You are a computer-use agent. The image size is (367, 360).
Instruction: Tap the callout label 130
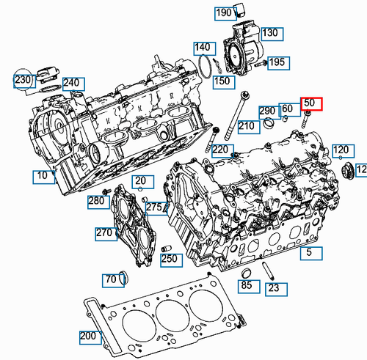(x=269, y=33)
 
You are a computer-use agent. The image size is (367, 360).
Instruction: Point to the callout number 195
(x=277, y=62)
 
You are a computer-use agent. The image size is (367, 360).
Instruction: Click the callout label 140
(x=203, y=48)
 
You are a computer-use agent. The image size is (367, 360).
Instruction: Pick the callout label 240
(x=71, y=84)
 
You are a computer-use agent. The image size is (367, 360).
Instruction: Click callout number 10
(x=43, y=176)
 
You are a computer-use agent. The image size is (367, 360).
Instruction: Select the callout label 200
(x=89, y=337)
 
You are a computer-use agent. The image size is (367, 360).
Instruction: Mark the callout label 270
(x=103, y=233)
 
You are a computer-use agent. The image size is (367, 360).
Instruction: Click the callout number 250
(x=170, y=259)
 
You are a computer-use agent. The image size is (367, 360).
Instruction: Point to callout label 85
(x=247, y=284)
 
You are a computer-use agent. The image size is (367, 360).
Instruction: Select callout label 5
(x=309, y=253)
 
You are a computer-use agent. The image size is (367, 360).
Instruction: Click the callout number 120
(x=341, y=151)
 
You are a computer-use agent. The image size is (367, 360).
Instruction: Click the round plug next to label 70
(x=123, y=277)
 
